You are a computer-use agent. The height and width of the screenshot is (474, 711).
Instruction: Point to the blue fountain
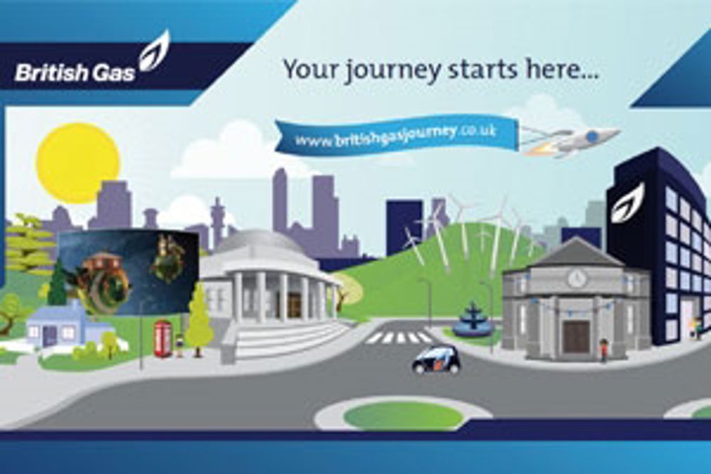pyautogui.click(x=472, y=318)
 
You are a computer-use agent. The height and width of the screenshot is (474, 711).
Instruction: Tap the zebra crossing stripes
pyautogui.click(x=399, y=337)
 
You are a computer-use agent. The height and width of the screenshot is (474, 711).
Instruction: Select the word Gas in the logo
pyautogui.click(x=112, y=73)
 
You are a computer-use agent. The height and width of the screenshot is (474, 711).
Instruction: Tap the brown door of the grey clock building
pyautogui.click(x=576, y=337)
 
